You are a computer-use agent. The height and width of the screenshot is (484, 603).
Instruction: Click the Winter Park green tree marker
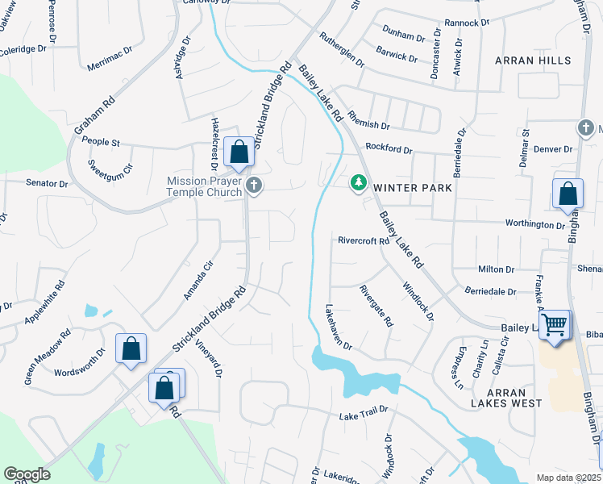(x=358, y=185)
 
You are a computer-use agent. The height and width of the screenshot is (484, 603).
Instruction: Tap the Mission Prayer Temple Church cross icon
(x=254, y=186)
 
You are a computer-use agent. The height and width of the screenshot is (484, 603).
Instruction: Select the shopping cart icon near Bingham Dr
(x=555, y=324)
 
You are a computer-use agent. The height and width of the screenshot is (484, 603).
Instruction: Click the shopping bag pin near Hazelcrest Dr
(x=239, y=151)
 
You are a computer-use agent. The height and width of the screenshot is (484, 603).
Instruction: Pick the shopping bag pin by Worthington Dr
(x=568, y=194)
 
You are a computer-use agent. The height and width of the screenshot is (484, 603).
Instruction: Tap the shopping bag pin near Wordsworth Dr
(x=131, y=349)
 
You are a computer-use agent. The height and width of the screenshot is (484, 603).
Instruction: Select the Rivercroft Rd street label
(x=364, y=240)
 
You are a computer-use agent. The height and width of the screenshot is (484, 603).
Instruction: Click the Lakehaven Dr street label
(x=339, y=327)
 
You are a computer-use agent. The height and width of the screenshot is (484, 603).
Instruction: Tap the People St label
(x=101, y=142)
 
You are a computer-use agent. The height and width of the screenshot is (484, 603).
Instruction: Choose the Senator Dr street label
(x=47, y=183)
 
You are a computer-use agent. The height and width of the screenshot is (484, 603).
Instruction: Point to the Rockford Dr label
(x=389, y=149)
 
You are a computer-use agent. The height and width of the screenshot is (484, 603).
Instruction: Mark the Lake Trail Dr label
(x=364, y=415)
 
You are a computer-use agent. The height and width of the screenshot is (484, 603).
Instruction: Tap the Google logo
(x=27, y=474)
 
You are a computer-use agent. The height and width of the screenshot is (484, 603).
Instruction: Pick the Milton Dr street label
(x=497, y=269)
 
